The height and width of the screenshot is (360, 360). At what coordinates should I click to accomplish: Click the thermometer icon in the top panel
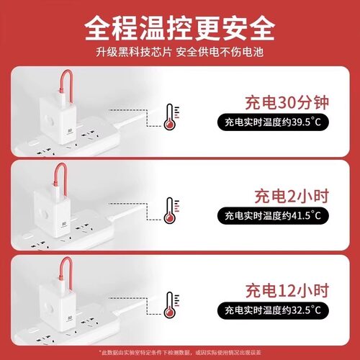(170, 117)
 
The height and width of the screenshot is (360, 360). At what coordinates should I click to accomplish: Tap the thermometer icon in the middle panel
(170, 210)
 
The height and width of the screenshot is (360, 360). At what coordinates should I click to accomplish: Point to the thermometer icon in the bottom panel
(170, 304)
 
